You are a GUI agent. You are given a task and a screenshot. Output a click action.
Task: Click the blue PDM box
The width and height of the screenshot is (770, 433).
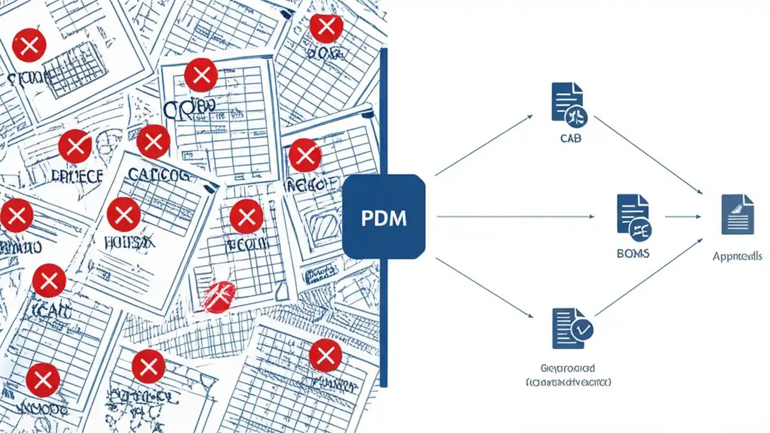pos(384,216)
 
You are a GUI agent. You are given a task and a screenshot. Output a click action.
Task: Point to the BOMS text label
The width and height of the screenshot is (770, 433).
pos(633,254)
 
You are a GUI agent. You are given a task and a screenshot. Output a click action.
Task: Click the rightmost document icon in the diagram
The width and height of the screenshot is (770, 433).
pos(738,214)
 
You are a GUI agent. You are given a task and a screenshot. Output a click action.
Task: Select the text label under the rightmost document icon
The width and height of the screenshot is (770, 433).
pos(737,257)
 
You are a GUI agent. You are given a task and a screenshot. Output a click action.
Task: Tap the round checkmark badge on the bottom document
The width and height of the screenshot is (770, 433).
pos(582,329)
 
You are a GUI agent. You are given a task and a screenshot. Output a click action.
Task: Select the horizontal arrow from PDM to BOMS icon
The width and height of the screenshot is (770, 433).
pos(514,216)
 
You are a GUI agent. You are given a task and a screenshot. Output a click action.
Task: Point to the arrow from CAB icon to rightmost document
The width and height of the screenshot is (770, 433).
pos(648,155)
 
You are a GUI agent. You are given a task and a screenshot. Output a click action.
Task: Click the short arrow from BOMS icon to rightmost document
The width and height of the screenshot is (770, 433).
pos(683,216)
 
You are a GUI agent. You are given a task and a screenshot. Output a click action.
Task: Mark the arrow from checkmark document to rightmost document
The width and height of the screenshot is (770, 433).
pos(648,277)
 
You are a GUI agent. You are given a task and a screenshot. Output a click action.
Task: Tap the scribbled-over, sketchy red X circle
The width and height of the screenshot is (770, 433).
pos(218,296)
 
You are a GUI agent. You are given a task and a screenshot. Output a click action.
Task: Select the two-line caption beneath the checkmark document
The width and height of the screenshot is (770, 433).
pos(568,375)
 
